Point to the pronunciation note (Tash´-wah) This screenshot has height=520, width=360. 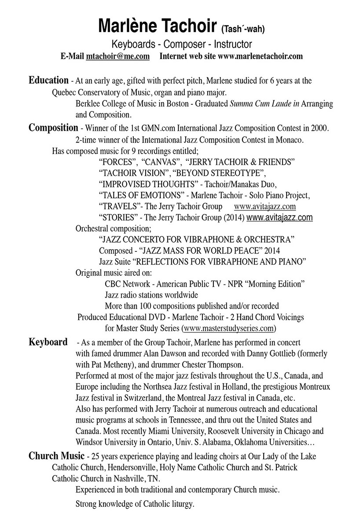[x=243, y=30]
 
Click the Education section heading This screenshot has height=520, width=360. [x=48, y=81]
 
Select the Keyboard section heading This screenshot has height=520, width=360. [x=48, y=342]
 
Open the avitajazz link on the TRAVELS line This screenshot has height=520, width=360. [x=264, y=206]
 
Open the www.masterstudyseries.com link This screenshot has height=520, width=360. [x=229, y=328]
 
